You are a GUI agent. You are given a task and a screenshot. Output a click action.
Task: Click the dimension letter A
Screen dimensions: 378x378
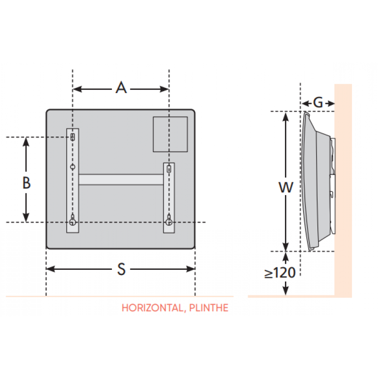121,88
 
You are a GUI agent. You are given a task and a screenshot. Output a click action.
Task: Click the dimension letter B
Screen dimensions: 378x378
27,183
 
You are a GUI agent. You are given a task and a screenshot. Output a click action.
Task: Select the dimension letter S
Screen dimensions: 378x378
121,269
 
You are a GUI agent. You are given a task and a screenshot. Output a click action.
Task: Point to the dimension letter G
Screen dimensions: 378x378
318,103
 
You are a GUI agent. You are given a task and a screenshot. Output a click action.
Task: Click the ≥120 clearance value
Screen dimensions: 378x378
280,273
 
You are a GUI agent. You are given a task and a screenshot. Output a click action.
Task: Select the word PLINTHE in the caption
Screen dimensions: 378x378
208,308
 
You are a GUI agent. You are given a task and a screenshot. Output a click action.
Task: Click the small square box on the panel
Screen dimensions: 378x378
170,135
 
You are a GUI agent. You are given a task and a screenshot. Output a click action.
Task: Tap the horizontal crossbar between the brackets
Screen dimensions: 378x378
121,179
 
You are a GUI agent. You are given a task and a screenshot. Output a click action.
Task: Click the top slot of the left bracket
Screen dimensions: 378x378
73,137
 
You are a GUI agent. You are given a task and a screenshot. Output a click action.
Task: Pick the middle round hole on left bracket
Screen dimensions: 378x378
73,167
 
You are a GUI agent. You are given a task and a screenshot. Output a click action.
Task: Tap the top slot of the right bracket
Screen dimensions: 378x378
169,168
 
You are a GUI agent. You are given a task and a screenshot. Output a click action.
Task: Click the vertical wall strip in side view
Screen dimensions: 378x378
343,189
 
